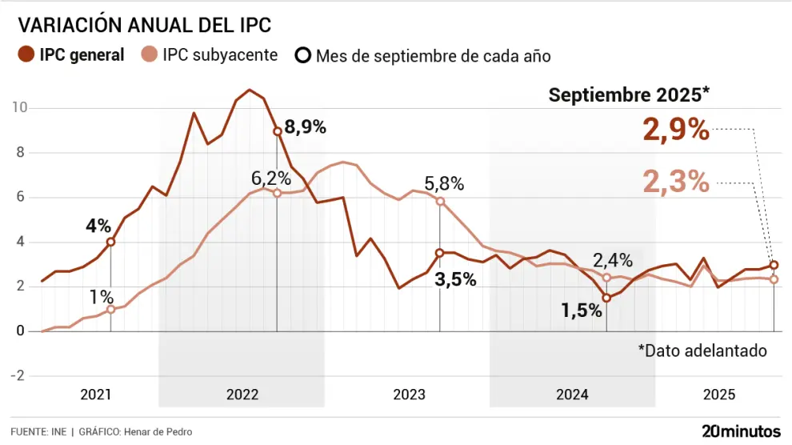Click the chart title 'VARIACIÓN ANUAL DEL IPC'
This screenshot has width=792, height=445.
tap(145, 25)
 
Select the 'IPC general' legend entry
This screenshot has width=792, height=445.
tap(71, 55)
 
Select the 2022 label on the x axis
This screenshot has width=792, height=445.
tap(242, 395)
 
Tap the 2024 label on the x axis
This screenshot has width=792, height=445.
tap(572, 395)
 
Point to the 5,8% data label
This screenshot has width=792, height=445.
tap(444, 183)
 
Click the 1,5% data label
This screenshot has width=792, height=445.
tap(581, 311)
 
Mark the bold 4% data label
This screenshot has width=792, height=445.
tap(98, 226)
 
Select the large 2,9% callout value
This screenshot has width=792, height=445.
tap(676, 130)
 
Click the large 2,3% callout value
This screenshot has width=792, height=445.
tap(676, 182)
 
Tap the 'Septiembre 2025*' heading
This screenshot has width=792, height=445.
tap(629, 94)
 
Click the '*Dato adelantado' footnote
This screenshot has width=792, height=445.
tap(702, 351)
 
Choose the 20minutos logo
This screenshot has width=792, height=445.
tap(741, 431)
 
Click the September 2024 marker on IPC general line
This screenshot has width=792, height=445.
tap(606, 298)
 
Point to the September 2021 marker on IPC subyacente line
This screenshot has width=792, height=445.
tap(110, 309)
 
